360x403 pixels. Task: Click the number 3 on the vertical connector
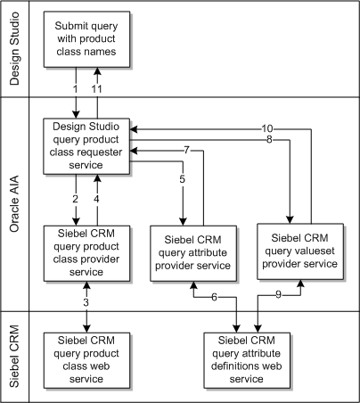pyautogui.click(x=86, y=304)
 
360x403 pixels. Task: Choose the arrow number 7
pyautogui.click(x=186, y=149)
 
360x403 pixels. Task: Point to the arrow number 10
pyautogui.click(x=267, y=128)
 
